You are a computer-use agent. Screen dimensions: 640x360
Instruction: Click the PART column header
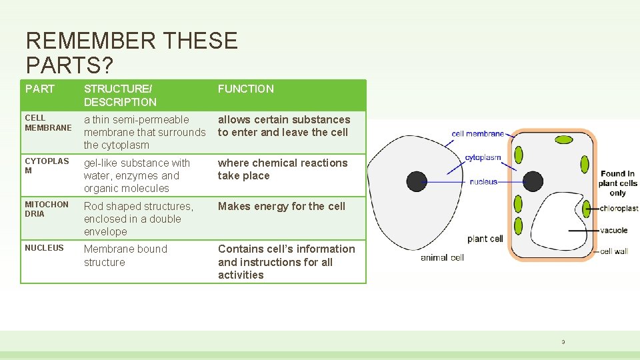point(40,89)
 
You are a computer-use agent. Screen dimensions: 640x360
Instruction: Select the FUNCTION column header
point(245,89)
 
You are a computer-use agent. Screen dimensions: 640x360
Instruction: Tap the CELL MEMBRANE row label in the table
point(48,123)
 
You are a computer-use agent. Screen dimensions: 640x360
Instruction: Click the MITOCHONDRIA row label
point(46,209)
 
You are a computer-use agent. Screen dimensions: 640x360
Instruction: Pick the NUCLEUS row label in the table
point(44,248)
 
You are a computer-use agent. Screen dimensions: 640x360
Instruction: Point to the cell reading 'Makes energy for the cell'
point(281,206)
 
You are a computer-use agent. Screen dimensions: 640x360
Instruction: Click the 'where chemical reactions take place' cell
point(283,169)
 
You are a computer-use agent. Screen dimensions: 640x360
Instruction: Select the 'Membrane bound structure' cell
point(125,255)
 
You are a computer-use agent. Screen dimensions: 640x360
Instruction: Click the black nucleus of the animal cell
point(417,181)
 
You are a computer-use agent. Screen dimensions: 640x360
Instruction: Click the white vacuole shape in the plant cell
point(560,227)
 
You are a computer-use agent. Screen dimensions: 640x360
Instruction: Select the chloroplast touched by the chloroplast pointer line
point(587,209)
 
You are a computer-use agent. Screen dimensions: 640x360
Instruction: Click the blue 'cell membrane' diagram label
point(477,134)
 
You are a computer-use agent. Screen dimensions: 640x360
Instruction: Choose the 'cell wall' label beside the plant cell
point(614,251)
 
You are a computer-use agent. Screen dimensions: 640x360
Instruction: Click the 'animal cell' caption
point(442,257)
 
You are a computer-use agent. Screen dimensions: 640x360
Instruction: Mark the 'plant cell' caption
point(485,239)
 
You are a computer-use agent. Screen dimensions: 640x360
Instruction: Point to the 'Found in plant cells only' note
point(617,183)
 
